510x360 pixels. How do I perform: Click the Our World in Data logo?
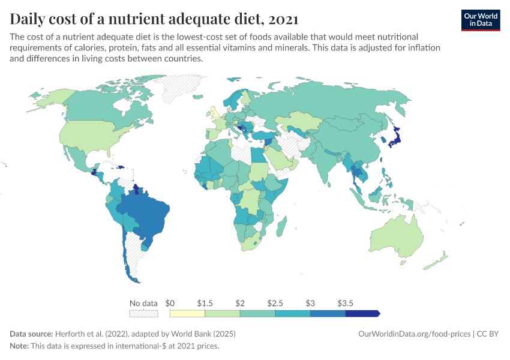click(480, 20)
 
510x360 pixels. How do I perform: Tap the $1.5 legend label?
click(205, 302)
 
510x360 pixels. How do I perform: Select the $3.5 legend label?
click(346, 302)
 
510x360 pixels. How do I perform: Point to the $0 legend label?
click(170, 302)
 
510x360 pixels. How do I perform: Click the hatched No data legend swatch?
click(143, 313)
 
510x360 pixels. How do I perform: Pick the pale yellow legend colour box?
click(187, 313)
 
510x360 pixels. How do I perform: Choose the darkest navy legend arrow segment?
click(362, 313)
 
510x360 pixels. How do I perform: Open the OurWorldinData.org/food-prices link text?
click(413, 334)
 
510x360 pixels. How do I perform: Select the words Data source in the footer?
click(31, 334)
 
